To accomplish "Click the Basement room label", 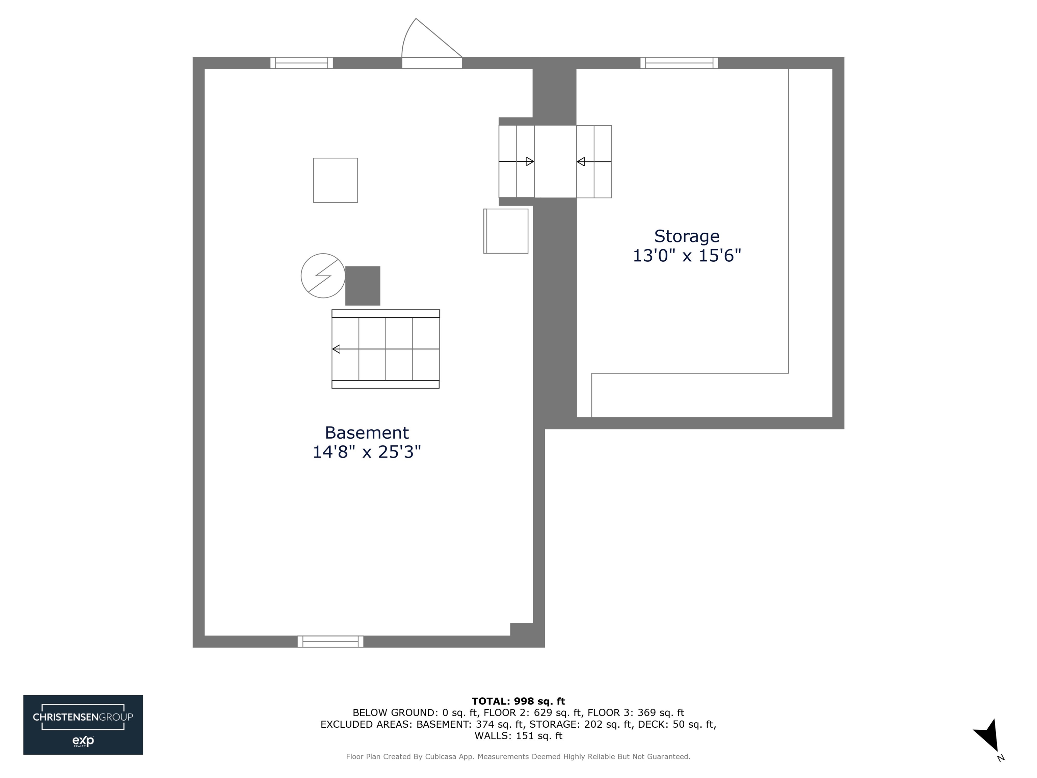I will coord(367,432).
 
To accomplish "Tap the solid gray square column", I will coord(363,286).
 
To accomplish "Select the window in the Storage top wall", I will coord(679,63).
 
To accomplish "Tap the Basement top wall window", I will coord(301,63).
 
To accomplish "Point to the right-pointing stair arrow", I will coord(530,161).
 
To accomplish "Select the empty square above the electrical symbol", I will coord(335,180).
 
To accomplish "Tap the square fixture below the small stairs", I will coord(506,231).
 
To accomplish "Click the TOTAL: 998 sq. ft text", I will coord(518,701).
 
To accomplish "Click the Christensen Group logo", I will coord(83,725).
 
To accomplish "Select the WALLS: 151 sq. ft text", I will coord(518,736).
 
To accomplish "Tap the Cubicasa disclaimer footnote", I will coord(518,756).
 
